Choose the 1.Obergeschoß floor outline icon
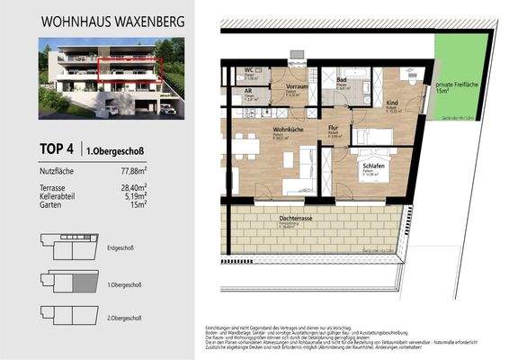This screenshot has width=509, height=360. coord(69,282)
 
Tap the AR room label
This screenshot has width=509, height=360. coord(247,91)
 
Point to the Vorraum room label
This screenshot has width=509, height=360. coord(297,87)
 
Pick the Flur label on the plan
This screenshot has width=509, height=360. coord(333,130)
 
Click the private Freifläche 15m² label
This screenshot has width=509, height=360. coord(455,85)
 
